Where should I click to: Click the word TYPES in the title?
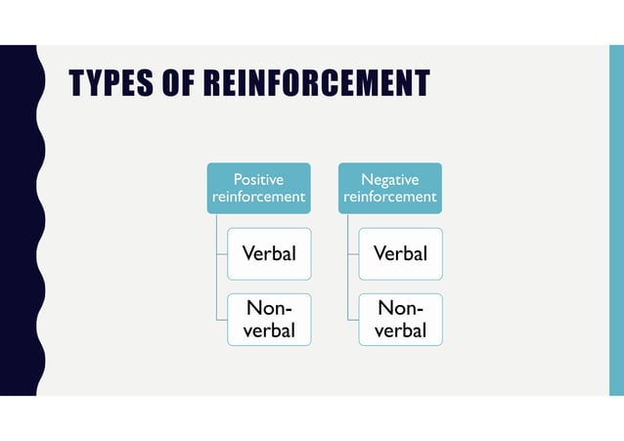[111, 82]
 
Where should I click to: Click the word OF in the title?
[178, 82]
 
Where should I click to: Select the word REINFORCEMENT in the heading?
[317, 82]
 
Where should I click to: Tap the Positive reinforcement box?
[258, 189]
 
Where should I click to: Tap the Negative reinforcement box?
[390, 189]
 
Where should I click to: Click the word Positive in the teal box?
[258, 180]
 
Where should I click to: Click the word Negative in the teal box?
[390, 180]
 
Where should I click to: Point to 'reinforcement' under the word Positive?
[258, 197]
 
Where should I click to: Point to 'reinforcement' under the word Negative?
[390, 197]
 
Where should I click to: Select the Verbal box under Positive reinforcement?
[269, 254]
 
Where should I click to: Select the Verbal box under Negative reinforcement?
[401, 254]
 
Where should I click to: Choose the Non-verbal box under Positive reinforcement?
[269, 320]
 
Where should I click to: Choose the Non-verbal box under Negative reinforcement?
[401, 320]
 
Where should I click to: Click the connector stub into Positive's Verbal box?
[222, 254]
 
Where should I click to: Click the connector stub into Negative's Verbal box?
[353, 254]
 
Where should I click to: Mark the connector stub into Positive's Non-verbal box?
[222, 320]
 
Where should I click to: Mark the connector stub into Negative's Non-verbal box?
[353, 320]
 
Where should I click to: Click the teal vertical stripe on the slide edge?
[616, 220]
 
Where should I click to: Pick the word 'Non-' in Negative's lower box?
[400, 308]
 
